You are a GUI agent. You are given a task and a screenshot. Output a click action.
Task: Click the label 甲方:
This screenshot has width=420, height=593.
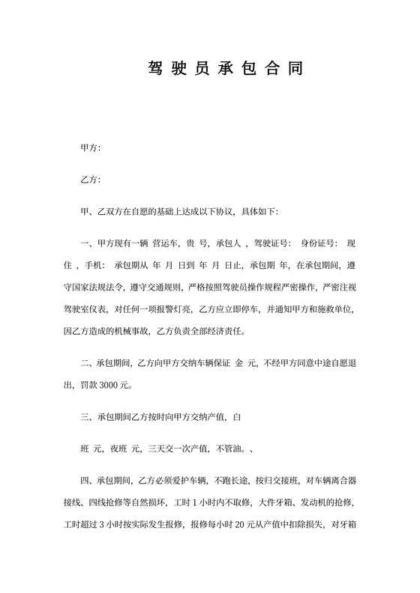tap(90, 149)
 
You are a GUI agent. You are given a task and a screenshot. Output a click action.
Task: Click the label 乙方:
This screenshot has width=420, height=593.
tap(90, 180)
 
